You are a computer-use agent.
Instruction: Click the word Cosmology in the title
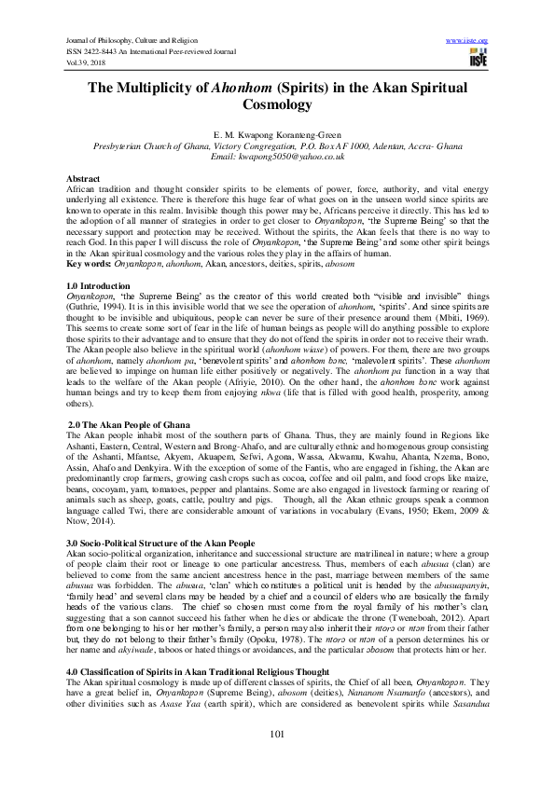coord(277,106)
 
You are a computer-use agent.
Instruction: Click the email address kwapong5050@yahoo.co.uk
coord(277,157)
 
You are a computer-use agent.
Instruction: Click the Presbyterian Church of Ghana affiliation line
coord(277,146)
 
